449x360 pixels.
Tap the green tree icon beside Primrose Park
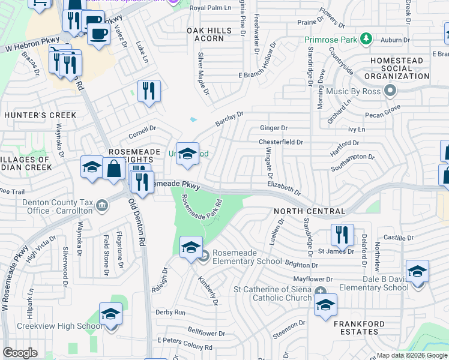(365, 40)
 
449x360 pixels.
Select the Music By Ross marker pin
(391, 91)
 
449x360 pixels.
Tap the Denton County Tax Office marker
(101, 206)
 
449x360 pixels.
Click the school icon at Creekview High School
(110, 314)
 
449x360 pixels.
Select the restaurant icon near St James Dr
(342, 235)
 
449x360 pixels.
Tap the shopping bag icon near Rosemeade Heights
(113, 169)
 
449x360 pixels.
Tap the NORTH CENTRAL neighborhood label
(309, 211)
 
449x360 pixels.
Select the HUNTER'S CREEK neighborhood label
(40, 115)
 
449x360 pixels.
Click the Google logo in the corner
(20, 352)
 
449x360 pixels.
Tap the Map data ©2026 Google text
(411, 355)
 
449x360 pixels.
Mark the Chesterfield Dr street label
(281, 142)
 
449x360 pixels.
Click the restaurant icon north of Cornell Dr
(149, 91)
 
